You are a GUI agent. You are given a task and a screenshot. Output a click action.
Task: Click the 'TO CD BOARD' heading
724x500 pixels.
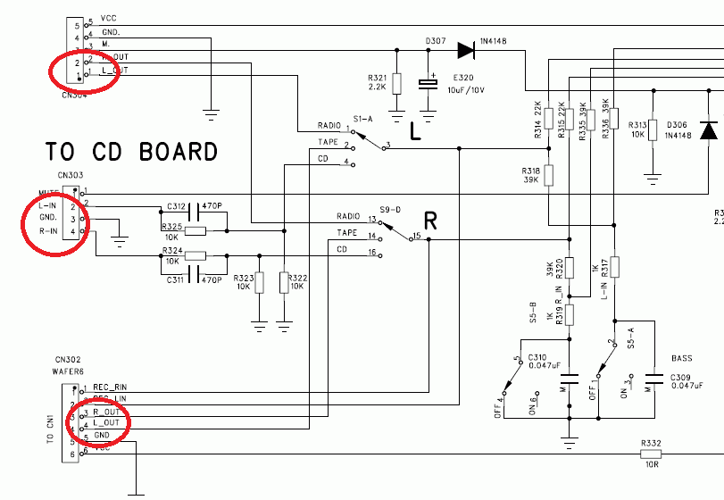[131, 152]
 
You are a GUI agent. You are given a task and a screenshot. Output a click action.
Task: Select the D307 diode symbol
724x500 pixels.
[465, 50]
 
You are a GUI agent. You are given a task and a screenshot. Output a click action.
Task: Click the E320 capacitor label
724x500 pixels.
[464, 78]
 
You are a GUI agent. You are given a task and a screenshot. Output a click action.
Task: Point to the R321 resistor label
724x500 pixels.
[378, 78]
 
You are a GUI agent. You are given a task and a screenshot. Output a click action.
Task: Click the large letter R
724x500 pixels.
[430, 221]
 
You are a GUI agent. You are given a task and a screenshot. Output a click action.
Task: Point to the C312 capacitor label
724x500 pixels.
[176, 206]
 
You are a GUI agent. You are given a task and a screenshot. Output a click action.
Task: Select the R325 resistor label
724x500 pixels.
[172, 227]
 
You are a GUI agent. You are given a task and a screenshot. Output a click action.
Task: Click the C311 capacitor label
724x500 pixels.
[176, 280]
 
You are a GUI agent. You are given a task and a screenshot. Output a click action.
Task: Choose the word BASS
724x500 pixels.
[681, 358]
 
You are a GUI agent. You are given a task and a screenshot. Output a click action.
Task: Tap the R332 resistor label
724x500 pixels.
[651, 443]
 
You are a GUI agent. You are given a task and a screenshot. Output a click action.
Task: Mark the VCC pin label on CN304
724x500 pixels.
[109, 18]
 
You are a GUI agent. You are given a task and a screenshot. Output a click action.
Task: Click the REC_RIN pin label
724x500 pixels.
[110, 387]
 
